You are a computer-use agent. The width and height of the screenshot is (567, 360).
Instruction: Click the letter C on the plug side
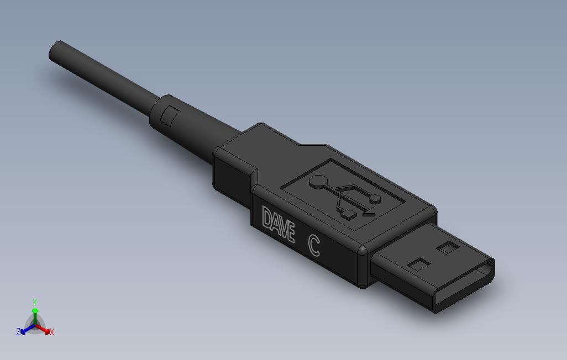pyautogui.click(x=314, y=246)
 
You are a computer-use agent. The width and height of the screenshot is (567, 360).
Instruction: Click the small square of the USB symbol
pyautogui.click(x=348, y=214)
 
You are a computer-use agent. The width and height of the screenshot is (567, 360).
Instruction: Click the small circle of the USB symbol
pyautogui.click(x=376, y=198)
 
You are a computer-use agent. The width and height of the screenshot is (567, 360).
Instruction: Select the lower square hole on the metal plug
pyautogui.click(x=418, y=264)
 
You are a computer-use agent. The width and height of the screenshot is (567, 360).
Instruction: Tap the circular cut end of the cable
pyautogui.click(x=56, y=51)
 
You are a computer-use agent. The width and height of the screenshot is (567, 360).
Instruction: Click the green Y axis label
pyautogui.click(x=35, y=302)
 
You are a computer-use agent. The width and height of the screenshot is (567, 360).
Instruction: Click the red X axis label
pyautogui.click(x=51, y=332)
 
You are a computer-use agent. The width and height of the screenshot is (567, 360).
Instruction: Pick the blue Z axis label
pyautogui.click(x=18, y=332)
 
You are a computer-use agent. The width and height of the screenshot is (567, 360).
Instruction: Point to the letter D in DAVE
pyautogui.click(x=266, y=218)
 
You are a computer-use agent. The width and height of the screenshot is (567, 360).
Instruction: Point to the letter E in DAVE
pyautogui.click(x=289, y=232)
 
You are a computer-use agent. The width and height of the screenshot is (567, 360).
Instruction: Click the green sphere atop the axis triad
pyautogui.click(x=35, y=311)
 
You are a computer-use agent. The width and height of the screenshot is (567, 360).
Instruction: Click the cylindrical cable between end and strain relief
pyautogui.click(x=105, y=80)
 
